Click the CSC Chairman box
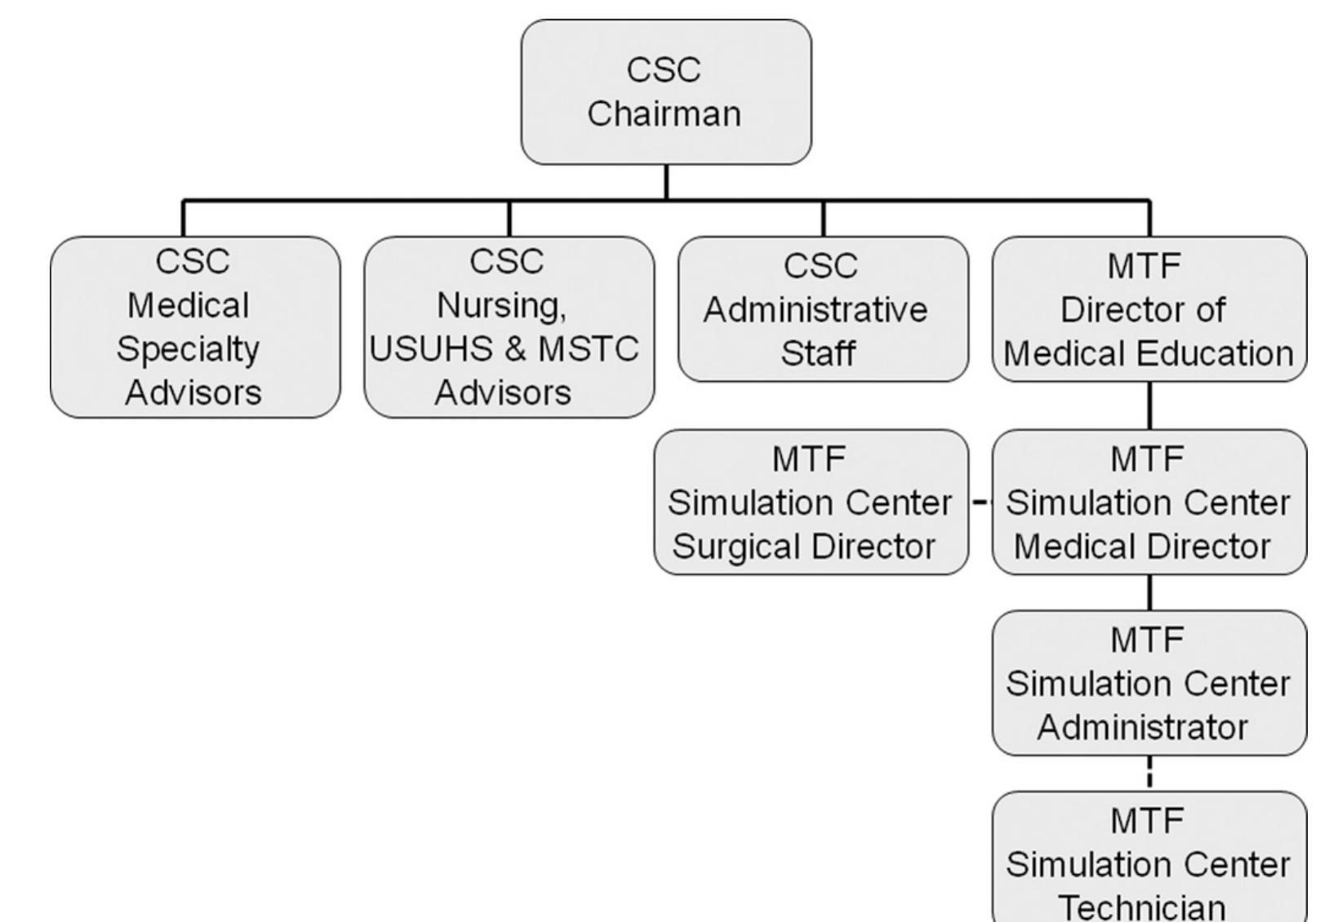(x=665, y=91)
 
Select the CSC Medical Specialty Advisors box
(x=194, y=327)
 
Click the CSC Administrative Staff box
(x=822, y=309)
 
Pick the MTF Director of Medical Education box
(x=1149, y=309)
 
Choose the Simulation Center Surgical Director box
(x=810, y=503)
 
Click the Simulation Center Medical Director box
(x=1149, y=503)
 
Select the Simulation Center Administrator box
(x=1149, y=683)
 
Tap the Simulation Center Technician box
(x=1149, y=861)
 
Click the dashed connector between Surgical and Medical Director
(x=980, y=503)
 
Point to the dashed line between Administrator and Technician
(x=1149, y=773)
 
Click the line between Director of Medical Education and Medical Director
(x=1149, y=406)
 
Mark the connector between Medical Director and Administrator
(x=1149, y=592)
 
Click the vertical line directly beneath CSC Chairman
(x=666, y=182)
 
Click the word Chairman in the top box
(x=664, y=113)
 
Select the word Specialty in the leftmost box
(x=188, y=350)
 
